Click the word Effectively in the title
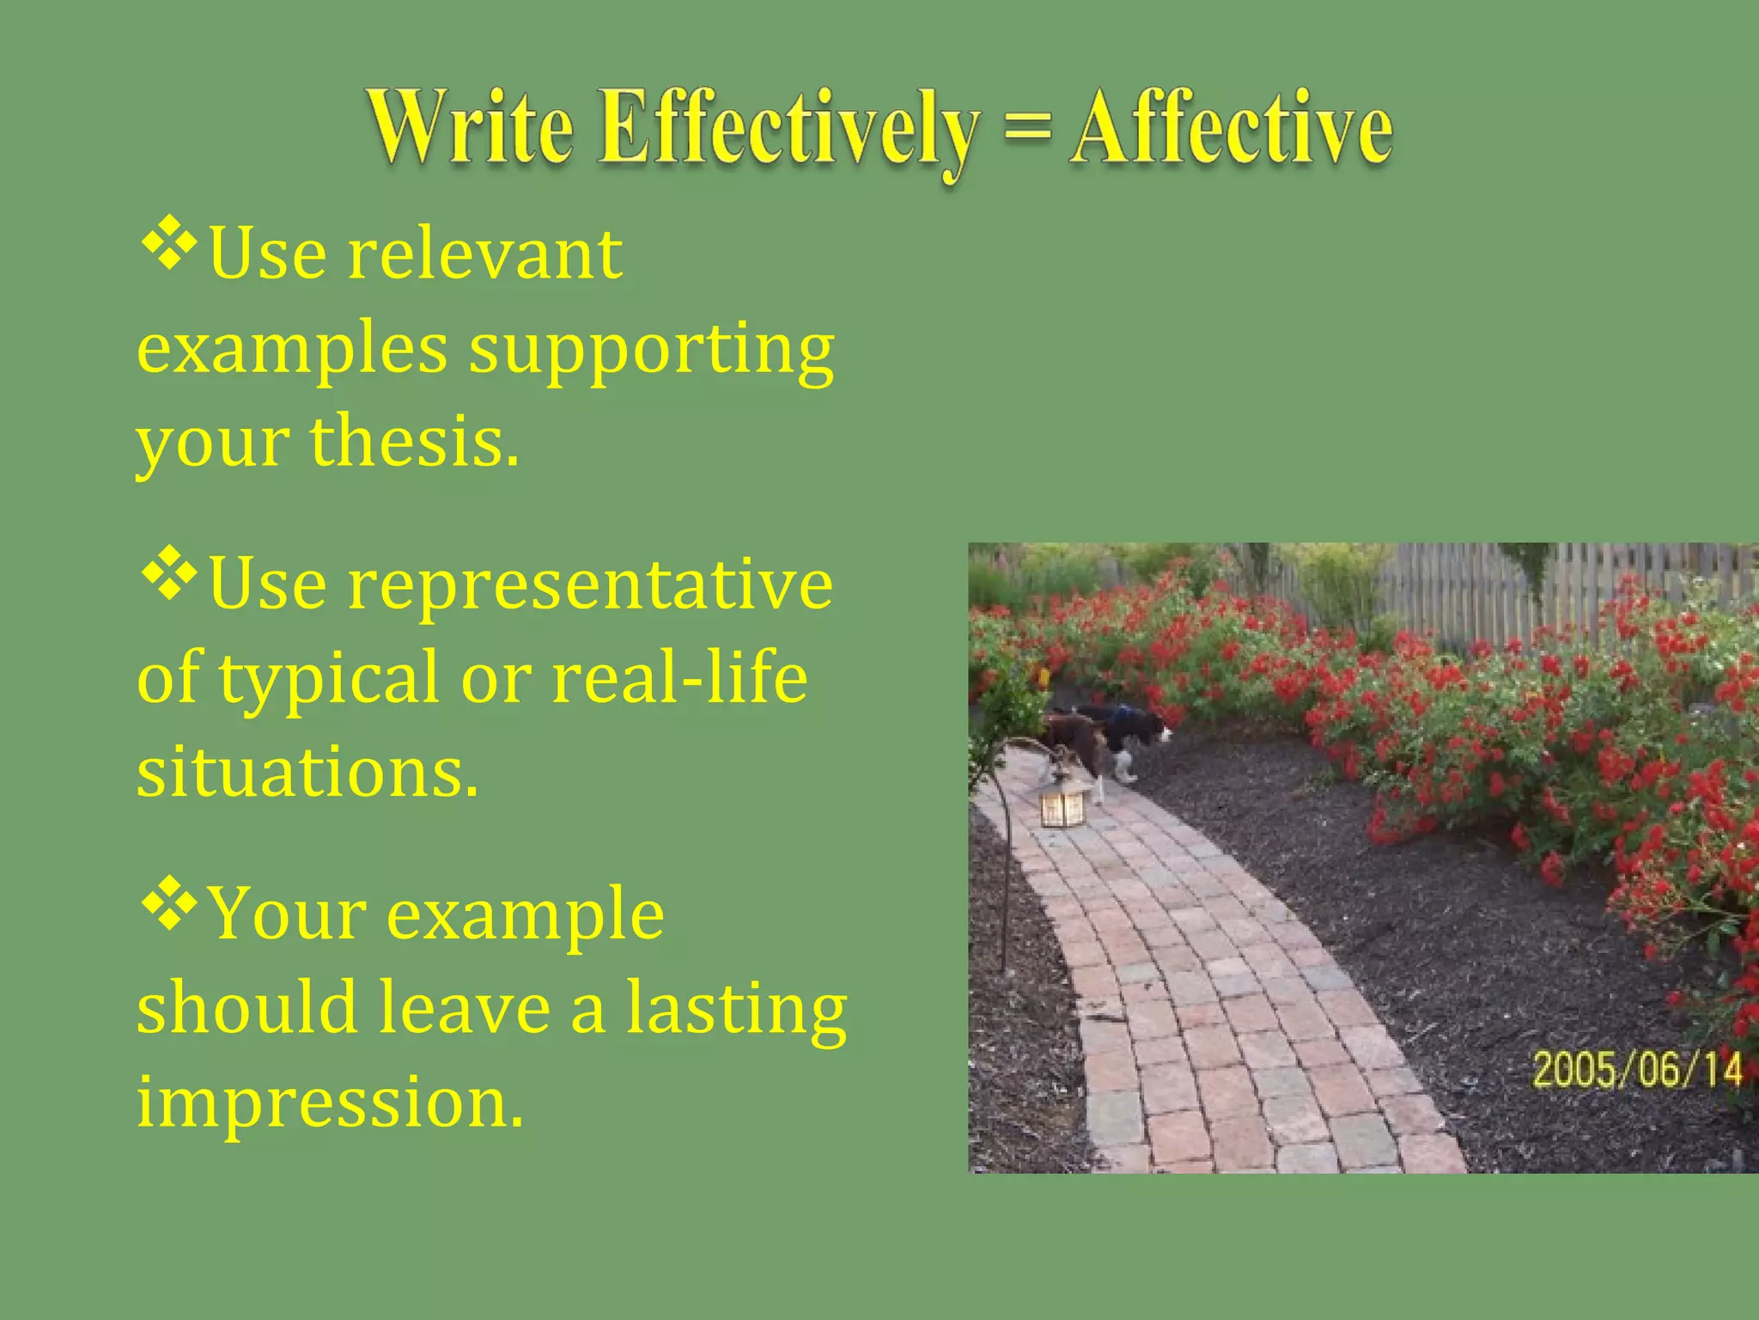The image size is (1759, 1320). pyautogui.click(x=788, y=129)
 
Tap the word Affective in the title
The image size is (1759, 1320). pyautogui.click(x=1230, y=129)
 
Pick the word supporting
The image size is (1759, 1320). pyautogui.click(x=651, y=351)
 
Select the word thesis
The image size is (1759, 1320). pyautogui.click(x=414, y=442)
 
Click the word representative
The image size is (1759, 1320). pyautogui.click(x=589, y=584)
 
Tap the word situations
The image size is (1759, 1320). pyautogui.click(x=307, y=772)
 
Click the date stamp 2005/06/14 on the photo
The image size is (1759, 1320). pyautogui.click(x=1637, y=1071)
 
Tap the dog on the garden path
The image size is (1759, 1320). pyautogui.click(x=1108, y=739)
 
